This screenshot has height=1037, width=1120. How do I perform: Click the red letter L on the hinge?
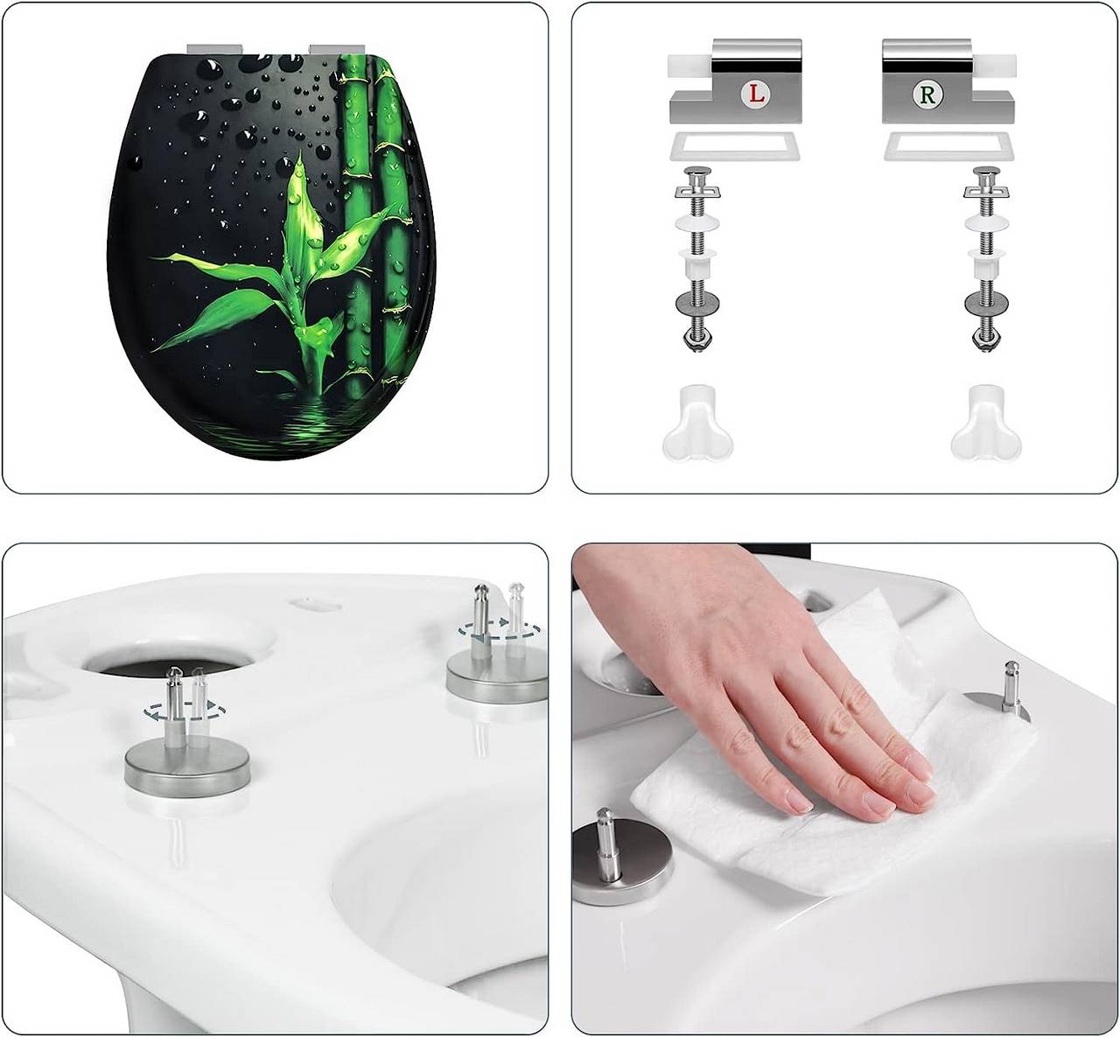756,94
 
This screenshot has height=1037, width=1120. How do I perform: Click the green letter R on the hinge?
927,94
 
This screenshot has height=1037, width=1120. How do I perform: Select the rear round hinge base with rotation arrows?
497,679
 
